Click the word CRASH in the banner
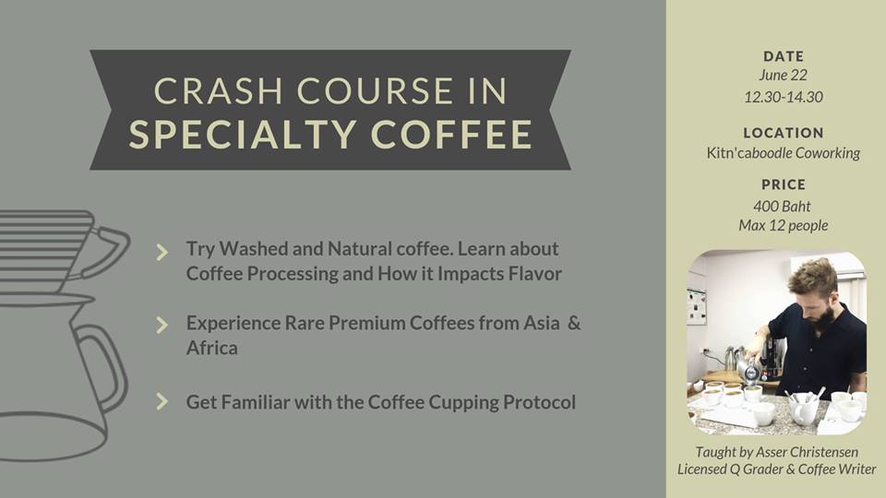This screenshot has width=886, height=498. (x=218, y=90)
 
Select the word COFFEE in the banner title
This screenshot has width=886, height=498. (x=451, y=135)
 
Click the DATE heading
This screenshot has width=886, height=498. (x=784, y=56)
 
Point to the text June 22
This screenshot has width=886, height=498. (x=784, y=75)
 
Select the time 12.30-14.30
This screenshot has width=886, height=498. (x=784, y=97)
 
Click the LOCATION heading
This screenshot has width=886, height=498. (x=784, y=133)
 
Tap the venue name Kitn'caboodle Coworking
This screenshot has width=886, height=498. (x=784, y=153)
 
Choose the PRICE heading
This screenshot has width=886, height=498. (x=784, y=184)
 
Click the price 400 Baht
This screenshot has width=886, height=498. (x=782, y=206)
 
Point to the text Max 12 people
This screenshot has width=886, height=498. (x=784, y=226)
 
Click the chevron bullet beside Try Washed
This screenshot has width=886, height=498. (x=162, y=252)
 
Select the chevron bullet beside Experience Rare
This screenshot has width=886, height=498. (x=162, y=325)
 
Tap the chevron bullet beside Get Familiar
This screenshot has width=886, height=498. (x=162, y=401)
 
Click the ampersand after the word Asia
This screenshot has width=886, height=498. (x=574, y=323)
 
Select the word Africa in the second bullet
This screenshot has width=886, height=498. (x=212, y=348)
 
